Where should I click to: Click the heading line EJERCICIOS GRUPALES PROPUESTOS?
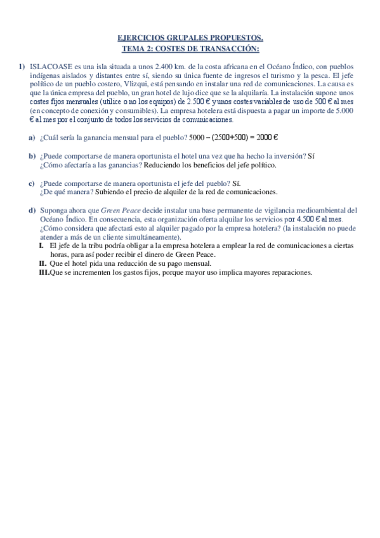point(190,39)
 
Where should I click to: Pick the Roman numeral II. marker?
point(43,263)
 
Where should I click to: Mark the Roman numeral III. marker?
point(44,272)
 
